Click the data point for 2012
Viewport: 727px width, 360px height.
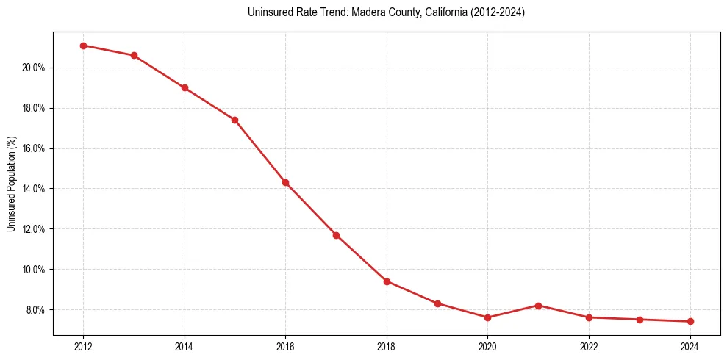point(83,46)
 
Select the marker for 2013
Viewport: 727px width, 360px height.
point(134,55)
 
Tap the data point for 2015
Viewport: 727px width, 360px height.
point(234,120)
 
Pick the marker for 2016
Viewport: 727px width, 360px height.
point(285,182)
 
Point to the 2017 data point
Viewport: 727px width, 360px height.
point(336,235)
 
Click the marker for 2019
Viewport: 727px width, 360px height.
point(437,303)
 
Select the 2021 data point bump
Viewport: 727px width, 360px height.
point(538,306)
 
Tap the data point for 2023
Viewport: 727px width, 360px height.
point(640,320)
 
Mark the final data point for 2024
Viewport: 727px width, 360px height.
point(690,321)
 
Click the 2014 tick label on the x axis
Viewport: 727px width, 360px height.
point(185,347)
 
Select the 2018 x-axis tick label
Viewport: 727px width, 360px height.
point(387,347)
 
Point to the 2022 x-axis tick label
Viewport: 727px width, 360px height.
point(589,347)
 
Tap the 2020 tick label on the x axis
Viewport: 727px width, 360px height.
point(487,347)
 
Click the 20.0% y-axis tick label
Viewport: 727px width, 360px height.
point(35,68)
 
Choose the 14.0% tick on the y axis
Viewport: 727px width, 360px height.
point(35,189)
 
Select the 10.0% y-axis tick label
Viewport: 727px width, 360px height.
point(35,269)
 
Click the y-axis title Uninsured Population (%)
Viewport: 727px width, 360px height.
point(12,184)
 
